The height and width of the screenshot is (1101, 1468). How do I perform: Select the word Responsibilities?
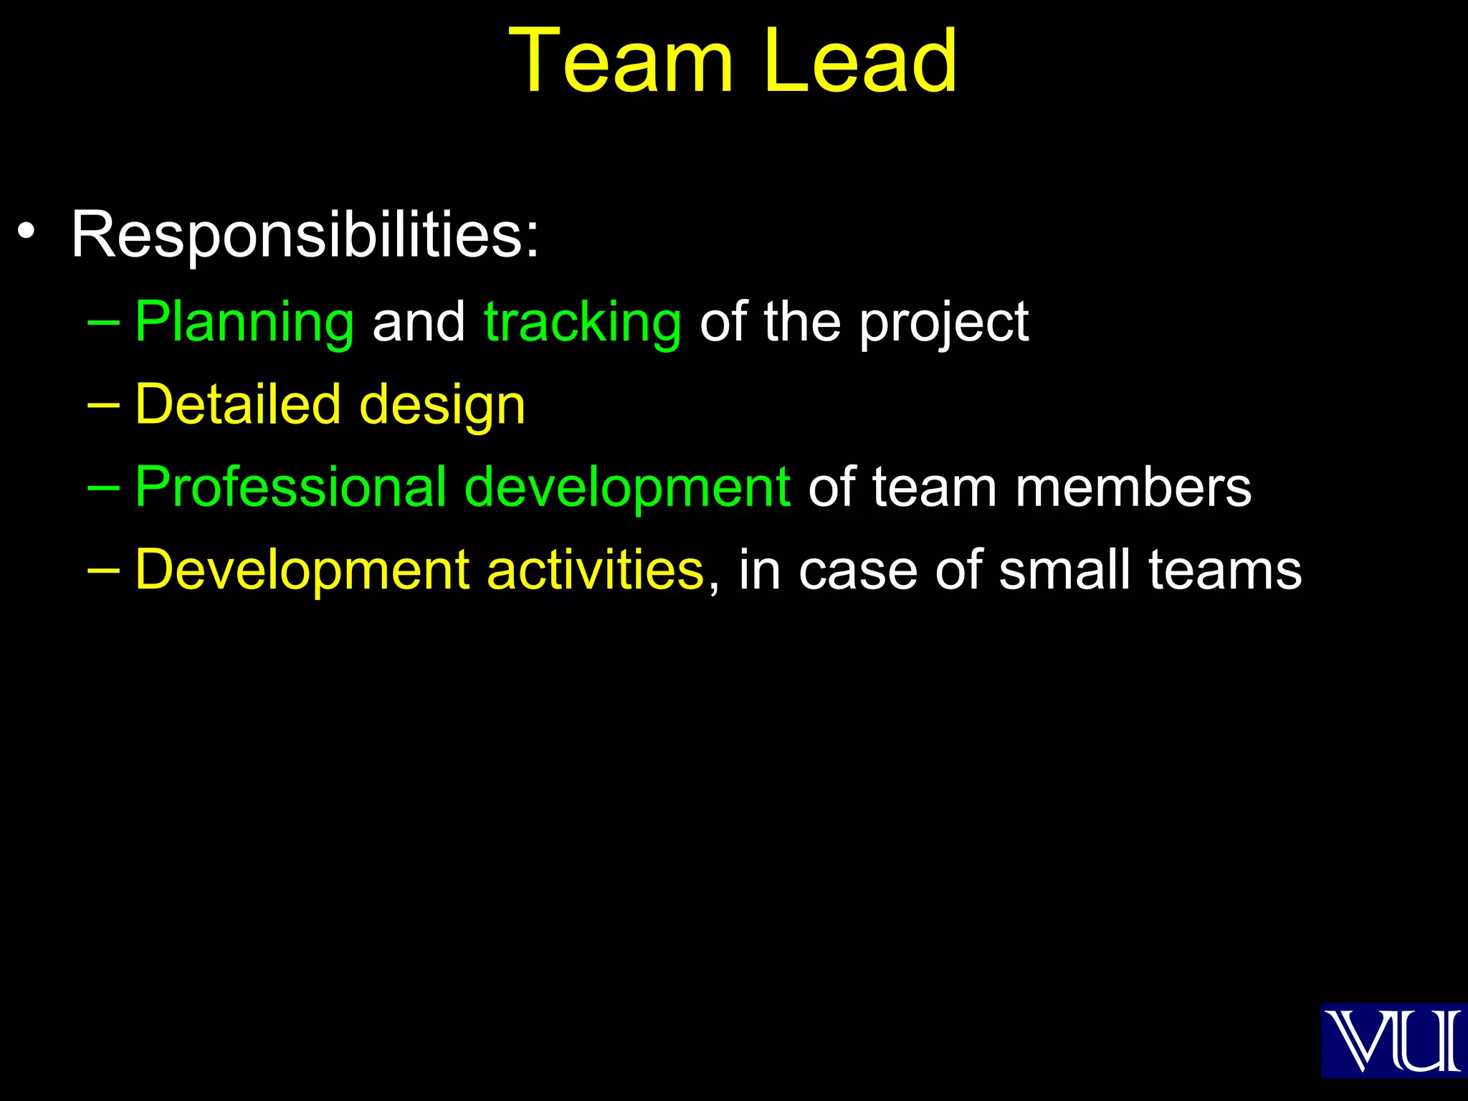tap(304, 234)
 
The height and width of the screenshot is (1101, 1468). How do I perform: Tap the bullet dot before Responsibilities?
tap(27, 232)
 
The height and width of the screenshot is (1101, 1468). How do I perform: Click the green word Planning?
tap(244, 323)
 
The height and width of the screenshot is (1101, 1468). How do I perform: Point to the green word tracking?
tap(583, 323)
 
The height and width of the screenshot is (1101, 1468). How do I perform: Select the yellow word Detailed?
tap(237, 404)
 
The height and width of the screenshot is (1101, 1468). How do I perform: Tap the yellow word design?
tap(442, 406)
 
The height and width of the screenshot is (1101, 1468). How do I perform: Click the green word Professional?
tap(290, 487)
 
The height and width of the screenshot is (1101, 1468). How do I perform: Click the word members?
tap(1133, 487)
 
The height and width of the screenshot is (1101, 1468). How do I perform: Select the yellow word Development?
tap(302, 571)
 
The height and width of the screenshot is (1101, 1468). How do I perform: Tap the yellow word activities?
tap(596, 570)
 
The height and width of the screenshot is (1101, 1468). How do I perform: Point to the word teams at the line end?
tap(1225, 570)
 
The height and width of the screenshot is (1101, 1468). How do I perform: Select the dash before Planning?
tap(103, 322)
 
